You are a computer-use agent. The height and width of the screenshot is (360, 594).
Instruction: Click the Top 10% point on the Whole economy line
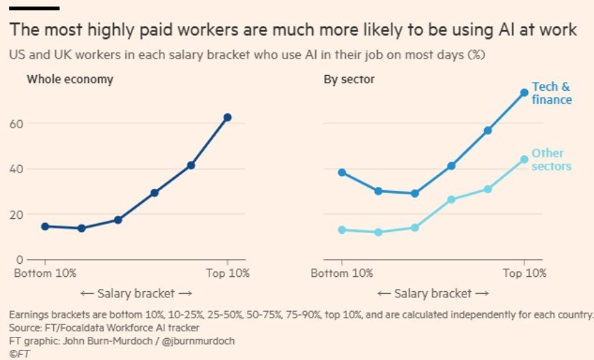point(227,117)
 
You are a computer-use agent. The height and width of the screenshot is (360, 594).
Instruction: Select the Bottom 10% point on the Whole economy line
point(45,226)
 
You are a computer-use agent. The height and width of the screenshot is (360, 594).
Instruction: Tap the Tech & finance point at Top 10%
point(524,93)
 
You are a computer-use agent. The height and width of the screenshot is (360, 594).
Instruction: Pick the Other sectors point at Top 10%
point(524,160)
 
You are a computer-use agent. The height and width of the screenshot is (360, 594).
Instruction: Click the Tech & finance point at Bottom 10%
point(342,172)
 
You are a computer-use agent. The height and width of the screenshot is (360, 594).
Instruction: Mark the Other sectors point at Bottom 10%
point(342,230)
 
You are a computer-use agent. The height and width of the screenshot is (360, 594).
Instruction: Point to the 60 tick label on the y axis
point(16,124)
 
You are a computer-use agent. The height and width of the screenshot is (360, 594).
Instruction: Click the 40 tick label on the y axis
point(16,169)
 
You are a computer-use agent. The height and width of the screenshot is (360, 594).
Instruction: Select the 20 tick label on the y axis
point(16,214)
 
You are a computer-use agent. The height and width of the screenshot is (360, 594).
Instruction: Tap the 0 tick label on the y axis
point(20,260)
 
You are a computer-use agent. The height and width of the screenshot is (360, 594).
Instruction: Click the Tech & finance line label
point(552,93)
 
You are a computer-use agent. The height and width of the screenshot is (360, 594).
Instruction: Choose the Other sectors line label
point(551,160)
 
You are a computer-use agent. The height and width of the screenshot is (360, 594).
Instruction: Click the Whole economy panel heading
point(70,80)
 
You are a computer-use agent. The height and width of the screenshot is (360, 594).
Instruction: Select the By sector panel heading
point(349,80)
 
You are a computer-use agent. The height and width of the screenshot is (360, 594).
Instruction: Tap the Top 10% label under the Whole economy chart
point(228,273)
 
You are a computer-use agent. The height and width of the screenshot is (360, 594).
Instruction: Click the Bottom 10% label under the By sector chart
point(342,273)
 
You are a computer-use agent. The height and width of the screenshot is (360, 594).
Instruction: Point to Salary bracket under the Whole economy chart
point(136,293)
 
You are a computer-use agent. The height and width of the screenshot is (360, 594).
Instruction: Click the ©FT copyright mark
point(19,354)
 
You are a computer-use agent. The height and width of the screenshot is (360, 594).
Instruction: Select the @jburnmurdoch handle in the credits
point(198,341)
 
